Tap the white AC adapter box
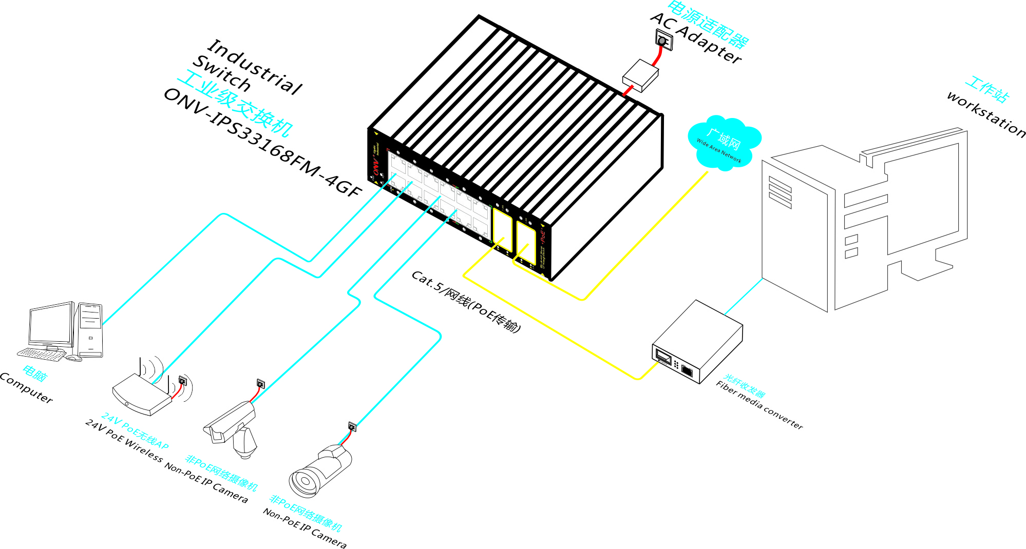640,75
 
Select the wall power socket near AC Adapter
663,40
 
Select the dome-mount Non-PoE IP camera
234,426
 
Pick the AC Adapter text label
696,38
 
